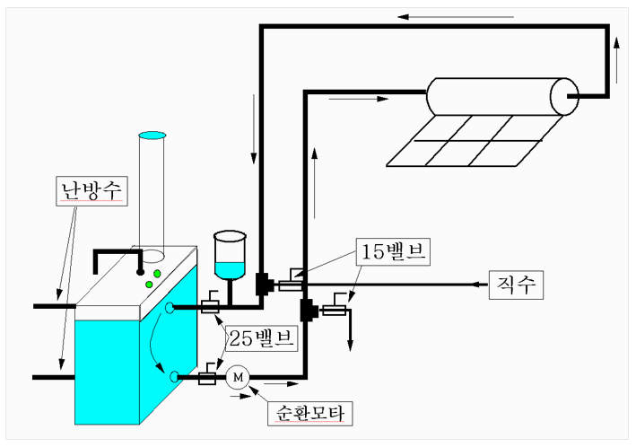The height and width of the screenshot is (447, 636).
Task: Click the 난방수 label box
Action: coord(91,191)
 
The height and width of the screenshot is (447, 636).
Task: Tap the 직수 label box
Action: coord(516,285)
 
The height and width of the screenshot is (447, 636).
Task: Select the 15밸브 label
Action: coord(393,251)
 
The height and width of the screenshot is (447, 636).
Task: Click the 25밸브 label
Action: coord(262,337)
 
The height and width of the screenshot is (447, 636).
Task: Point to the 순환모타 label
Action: coord(309,414)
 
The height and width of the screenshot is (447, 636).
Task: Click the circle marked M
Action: coord(238,378)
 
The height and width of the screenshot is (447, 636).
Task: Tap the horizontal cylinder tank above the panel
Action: coord(502,97)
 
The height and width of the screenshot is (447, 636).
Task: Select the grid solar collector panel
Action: coord(475,141)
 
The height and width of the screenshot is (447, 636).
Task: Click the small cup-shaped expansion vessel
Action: coord(230,255)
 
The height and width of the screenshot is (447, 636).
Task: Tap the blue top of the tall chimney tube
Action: coord(152,136)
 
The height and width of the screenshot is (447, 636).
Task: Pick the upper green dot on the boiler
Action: coord(157,274)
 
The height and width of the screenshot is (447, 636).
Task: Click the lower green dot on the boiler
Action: coord(149,285)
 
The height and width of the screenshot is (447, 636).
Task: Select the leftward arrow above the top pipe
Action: coord(456,17)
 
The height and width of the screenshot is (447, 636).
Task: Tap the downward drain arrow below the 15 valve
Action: coord(350,329)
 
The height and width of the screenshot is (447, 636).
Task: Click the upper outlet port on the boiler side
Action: coord(170,308)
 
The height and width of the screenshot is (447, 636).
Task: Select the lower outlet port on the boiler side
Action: coord(174,377)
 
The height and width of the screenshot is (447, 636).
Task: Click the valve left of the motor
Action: coord(207,374)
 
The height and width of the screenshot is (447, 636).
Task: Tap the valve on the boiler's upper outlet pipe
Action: coord(210,302)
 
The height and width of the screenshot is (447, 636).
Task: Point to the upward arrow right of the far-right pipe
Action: coord(616,60)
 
